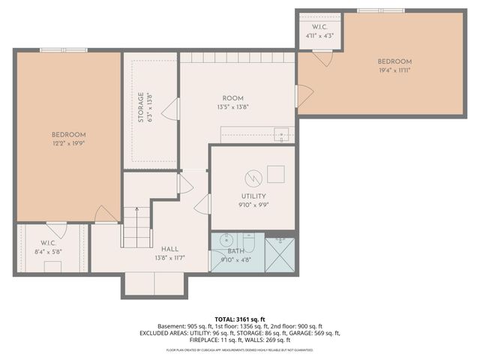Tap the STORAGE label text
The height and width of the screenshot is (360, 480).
click(x=139, y=108)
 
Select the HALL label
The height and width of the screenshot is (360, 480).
click(x=169, y=249)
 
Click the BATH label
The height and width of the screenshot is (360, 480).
click(x=236, y=251)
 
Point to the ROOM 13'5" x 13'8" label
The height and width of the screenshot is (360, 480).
click(x=232, y=98)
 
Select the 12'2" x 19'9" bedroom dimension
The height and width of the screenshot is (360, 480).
click(x=69, y=142)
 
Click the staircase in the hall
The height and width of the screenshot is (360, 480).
click(x=136, y=226)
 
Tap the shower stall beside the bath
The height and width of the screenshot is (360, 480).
click(x=280, y=254)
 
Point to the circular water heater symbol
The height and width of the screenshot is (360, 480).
click(x=253, y=178)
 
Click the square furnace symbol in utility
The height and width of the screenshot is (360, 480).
click(x=275, y=174)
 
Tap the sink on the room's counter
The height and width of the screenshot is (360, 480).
click(x=282, y=135)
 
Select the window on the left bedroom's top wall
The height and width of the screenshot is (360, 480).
click(x=64, y=50)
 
